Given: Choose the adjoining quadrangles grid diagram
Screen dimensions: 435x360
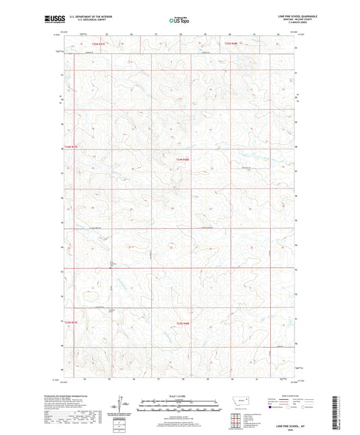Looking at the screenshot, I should coord(234,419).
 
